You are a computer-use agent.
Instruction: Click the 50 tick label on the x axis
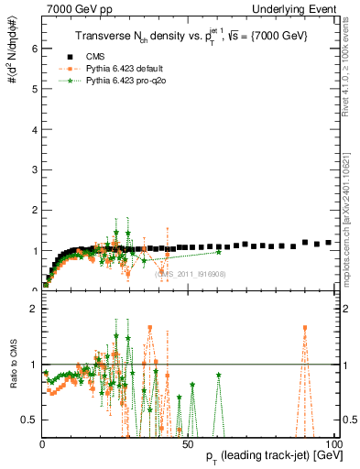click(188, 442)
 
